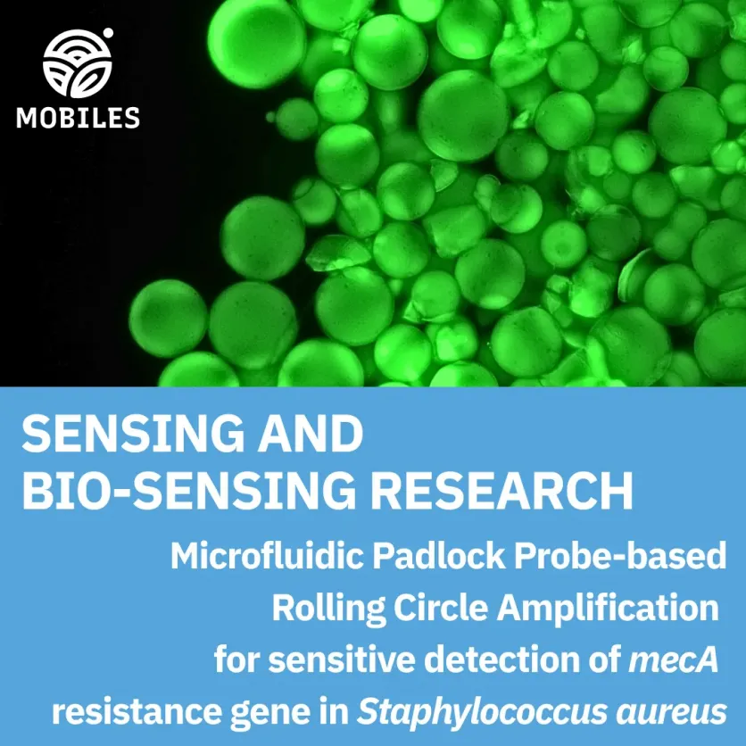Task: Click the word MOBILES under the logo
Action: (x=79, y=117)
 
